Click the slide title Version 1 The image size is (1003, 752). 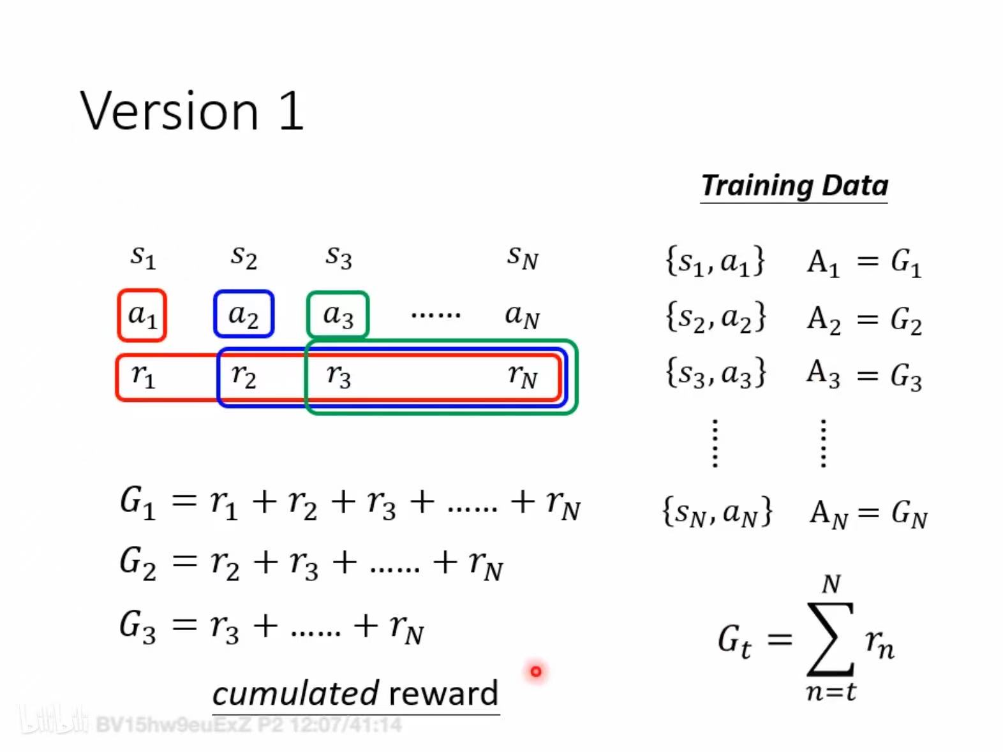pyautogui.click(x=191, y=111)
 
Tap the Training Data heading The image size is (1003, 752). pyautogui.click(x=794, y=186)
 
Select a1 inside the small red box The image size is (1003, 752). pyautogui.click(x=142, y=316)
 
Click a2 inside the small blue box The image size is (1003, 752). pyautogui.click(x=244, y=316)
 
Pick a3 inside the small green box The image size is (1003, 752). pyautogui.click(x=338, y=316)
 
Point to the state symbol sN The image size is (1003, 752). pyautogui.click(x=523, y=257)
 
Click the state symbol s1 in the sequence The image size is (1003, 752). pyautogui.click(x=143, y=257)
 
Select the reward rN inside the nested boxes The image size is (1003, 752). pyautogui.click(x=523, y=377)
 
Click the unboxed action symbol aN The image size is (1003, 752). pyautogui.click(x=523, y=316)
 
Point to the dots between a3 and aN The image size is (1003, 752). pyautogui.click(x=436, y=315)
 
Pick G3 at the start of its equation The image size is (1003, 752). pyautogui.click(x=138, y=628)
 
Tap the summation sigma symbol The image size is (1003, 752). pyautogui.click(x=830, y=638)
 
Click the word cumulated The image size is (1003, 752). pyautogui.click(x=296, y=693)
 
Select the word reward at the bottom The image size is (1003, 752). pyautogui.click(x=443, y=694)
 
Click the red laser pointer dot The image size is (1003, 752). pyautogui.click(x=536, y=671)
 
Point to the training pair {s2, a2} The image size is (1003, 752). pyautogui.click(x=716, y=318)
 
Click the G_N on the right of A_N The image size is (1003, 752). pyautogui.click(x=909, y=515)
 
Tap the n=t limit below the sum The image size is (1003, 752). pyautogui.click(x=831, y=692)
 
